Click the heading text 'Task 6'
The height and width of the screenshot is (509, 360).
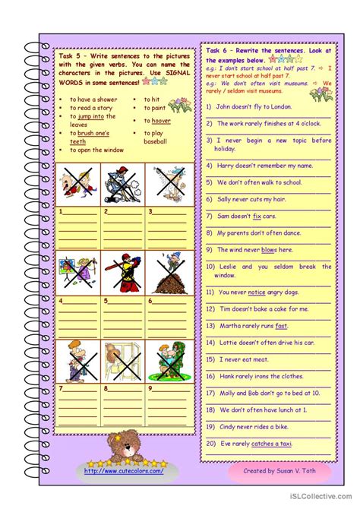(219, 50)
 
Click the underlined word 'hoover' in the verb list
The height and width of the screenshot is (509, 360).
(161, 121)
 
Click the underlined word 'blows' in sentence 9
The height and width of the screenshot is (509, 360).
(269, 249)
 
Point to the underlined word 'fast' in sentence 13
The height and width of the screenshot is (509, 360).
(281, 326)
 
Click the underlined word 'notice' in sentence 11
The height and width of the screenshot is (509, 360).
(256, 292)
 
